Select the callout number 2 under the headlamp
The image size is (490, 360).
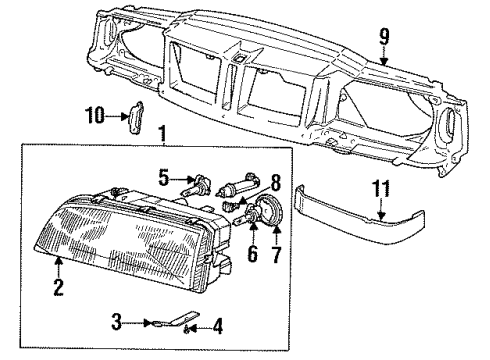click(x=59, y=290)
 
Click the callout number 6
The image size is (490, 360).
click(x=253, y=255)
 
